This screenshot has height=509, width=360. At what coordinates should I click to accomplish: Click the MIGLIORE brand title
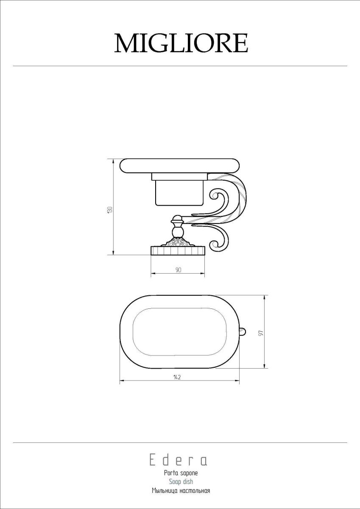pyautogui.click(x=181, y=43)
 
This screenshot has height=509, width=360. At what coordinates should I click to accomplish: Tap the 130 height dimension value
pyautogui.click(x=110, y=209)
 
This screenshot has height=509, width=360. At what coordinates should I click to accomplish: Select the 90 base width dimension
pyautogui.click(x=178, y=270)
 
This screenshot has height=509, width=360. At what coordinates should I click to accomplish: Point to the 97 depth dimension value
pyautogui.click(x=262, y=333)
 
